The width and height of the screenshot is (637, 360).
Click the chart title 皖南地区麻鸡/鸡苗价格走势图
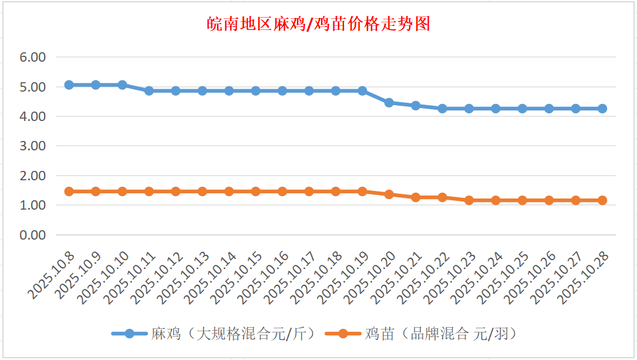[319, 24]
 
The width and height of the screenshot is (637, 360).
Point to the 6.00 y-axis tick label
[32, 58]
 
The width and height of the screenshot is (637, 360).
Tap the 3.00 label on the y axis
[32, 146]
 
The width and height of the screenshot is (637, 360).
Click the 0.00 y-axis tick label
[32, 235]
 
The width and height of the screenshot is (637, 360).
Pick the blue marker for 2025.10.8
[69, 85]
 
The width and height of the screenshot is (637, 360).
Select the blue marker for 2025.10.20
[389, 103]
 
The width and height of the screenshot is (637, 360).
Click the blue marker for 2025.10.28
[602, 109]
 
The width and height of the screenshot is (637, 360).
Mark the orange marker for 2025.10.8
[69, 191]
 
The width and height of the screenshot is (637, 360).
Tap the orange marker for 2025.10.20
[389, 194]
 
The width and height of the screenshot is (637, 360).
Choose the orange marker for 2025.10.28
[602, 200]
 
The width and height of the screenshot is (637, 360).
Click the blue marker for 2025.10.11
[149, 91]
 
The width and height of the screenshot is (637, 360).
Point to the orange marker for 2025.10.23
[469, 200]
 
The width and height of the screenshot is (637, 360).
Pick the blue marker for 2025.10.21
[416, 106]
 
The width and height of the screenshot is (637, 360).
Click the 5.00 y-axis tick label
[32, 87]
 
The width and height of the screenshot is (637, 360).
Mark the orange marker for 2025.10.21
[416, 197]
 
